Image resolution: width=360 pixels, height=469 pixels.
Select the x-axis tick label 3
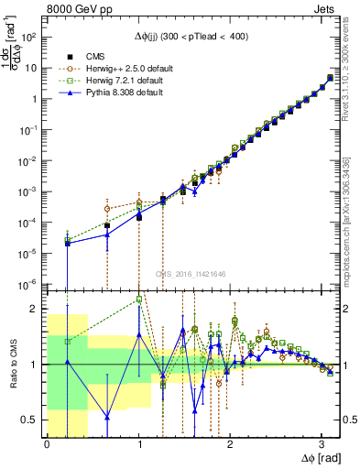322,444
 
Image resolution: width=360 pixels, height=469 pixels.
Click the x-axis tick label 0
47,444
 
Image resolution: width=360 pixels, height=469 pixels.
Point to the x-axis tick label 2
230,444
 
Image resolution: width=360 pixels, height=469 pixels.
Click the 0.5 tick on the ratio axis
32,420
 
